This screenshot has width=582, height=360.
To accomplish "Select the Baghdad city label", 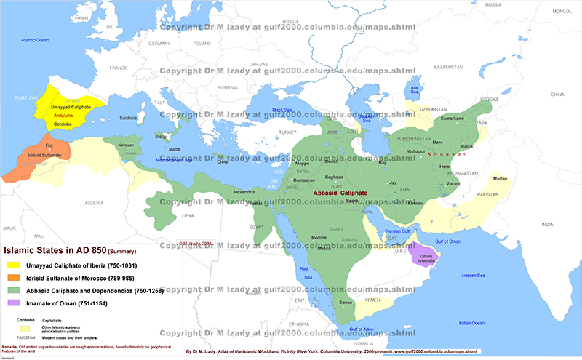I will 334,177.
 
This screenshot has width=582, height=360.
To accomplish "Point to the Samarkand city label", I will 452,118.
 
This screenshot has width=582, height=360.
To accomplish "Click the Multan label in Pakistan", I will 500,178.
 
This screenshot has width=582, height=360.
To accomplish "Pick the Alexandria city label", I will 243,192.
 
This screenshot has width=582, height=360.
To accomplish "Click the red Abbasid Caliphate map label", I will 340,193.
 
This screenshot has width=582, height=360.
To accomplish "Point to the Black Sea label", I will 287,110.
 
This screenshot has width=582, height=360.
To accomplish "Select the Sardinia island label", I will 128,117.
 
